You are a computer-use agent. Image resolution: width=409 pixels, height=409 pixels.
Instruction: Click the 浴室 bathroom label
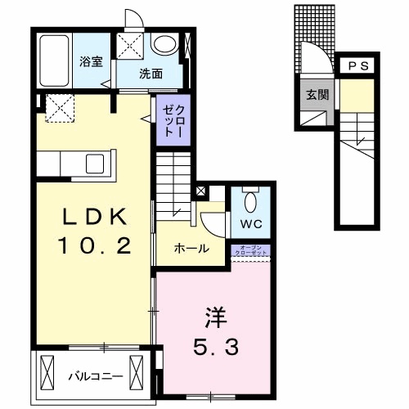coord(89,61)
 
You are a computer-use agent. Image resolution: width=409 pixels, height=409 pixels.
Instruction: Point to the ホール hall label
coord(191,249)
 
